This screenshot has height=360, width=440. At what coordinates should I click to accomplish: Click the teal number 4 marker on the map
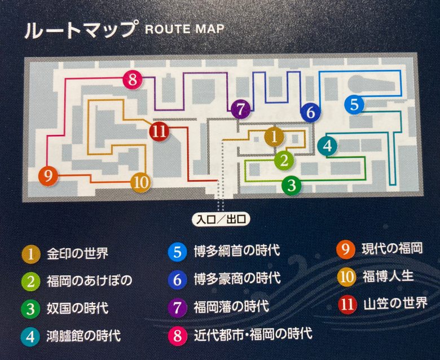pos(327,146)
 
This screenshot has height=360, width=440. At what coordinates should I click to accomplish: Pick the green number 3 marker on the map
pos(291,184)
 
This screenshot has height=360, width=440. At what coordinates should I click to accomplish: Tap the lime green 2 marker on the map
pos(285,160)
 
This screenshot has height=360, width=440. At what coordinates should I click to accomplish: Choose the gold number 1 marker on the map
pos(274,136)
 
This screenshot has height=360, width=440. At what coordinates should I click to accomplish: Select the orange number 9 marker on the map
pos(49,176)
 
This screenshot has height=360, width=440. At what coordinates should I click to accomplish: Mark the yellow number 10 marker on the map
pos(141,182)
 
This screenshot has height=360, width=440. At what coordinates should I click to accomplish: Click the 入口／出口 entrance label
pos(220,218)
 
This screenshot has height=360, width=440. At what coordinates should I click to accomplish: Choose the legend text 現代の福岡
pos(391,248)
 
